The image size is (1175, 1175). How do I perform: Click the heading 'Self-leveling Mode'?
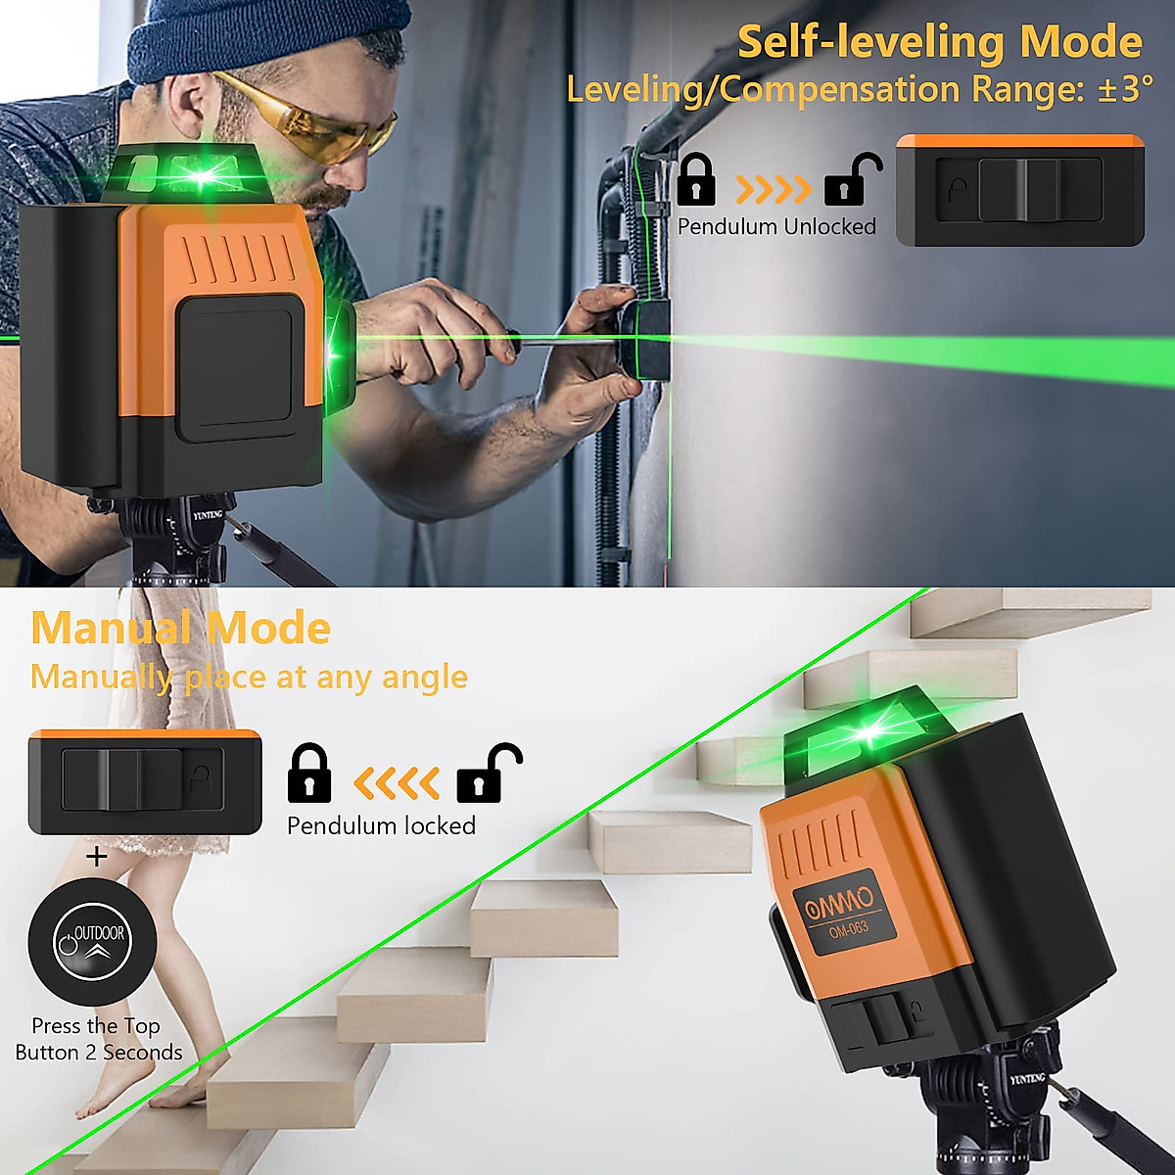[x=939, y=42]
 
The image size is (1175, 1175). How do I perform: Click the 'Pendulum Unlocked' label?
[x=776, y=227]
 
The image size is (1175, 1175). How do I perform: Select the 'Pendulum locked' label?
[x=381, y=826]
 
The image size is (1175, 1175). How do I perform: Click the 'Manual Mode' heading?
[x=180, y=628]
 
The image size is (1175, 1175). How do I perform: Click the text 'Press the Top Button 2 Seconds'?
[x=98, y=1039]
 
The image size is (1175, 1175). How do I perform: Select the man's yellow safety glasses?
[x=313, y=120]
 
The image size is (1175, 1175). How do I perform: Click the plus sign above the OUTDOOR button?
[x=97, y=858]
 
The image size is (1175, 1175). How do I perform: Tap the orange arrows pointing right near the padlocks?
[x=774, y=188]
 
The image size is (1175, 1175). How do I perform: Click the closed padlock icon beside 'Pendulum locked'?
[x=309, y=774]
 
